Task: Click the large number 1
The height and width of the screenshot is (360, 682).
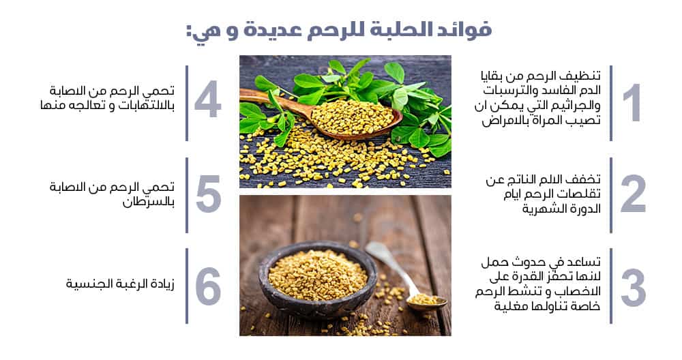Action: click(632, 102)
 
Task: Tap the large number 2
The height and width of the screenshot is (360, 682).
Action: click(634, 194)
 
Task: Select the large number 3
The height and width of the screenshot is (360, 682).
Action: click(634, 288)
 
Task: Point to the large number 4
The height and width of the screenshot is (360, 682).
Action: click(207, 99)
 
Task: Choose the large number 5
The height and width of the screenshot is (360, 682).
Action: click(208, 194)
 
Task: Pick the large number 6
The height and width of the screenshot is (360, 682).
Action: click(208, 286)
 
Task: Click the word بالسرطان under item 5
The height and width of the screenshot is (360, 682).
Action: click(148, 202)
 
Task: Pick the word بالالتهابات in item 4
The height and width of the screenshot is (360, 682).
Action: click(146, 106)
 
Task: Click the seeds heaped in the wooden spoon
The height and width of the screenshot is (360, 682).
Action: click(352, 116)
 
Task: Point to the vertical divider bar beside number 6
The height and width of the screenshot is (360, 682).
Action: click(187, 286)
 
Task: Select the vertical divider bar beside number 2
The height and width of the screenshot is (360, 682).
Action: click(611, 195)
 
